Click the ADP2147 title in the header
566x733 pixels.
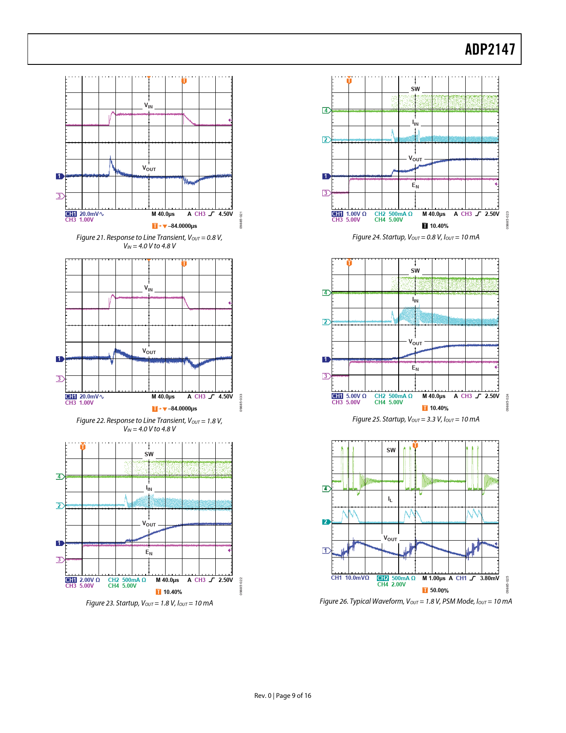[x=490, y=49]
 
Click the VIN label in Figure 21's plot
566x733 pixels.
[x=148, y=106]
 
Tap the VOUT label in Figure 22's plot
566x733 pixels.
[x=149, y=351]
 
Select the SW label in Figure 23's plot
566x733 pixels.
[x=149, y=454]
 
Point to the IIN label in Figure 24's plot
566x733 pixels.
[x=415, y=123]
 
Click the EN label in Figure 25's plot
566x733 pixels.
[x=415, y=368]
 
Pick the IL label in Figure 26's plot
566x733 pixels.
[x=390, y=499]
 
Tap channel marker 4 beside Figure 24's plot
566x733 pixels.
[x=326, y=111]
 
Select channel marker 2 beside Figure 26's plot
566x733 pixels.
[x=326, y=522]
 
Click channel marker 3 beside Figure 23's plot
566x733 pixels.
[x=59, y=560]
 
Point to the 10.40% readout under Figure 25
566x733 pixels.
[x=439, y=408]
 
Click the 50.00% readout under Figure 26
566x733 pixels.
[x=439, y=590]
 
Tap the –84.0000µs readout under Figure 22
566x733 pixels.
[x=182, y=409]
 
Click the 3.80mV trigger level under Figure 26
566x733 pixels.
[x=489, y=578]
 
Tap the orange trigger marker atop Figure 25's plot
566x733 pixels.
[x=349, y=263]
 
